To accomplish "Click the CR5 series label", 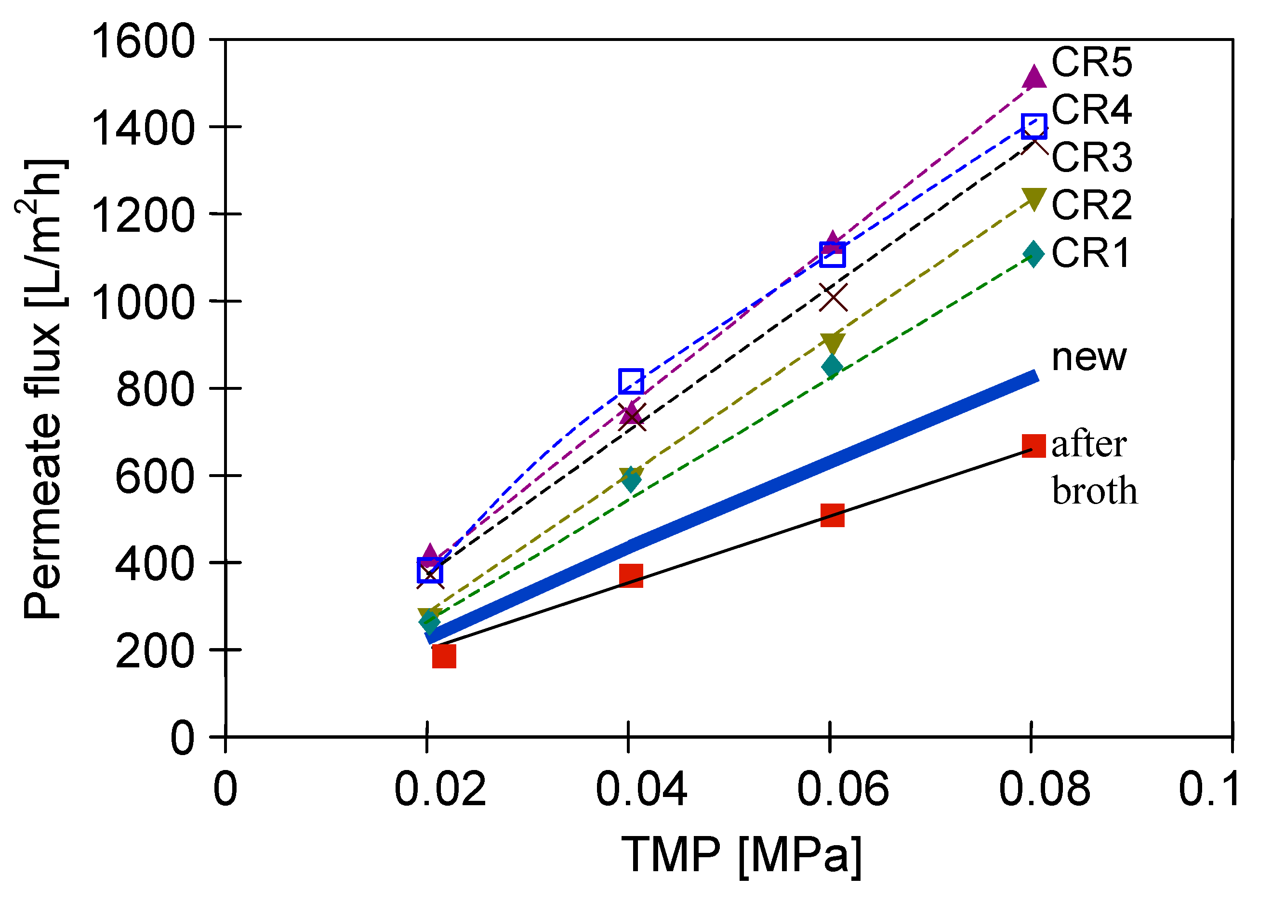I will coord(1091,62).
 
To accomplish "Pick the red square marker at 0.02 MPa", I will coord(444,656).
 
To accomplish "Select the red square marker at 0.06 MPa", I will coord(832,516).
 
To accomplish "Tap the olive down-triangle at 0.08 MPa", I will coord(1033,199).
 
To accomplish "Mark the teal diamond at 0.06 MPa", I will coord(832,366).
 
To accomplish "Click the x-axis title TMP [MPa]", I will coord(742,855).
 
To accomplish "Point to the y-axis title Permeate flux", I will coord(43,389).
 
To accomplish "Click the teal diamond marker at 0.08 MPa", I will coord(1033,254).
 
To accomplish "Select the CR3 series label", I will coord(1091,158).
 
